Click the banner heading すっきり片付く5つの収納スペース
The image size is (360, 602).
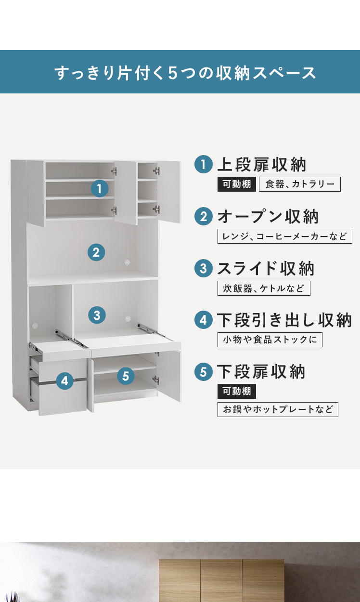click(185, 73)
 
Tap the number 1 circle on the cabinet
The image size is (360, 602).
click(100, 188)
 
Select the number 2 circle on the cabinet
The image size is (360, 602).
click(96, 252)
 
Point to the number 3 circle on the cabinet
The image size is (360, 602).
click(97, 315)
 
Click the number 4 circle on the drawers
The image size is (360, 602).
click(65, 381)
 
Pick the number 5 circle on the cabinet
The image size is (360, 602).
click(126, 376)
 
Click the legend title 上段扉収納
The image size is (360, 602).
click(262, 165)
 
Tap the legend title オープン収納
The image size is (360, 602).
click(268, 217)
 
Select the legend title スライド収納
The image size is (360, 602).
click(266, 268)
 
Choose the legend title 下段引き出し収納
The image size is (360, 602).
click(284, 320)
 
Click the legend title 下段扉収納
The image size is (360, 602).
click(261, 372)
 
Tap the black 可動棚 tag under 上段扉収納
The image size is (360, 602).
click(237, 184)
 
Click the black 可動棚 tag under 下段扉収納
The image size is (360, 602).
click(237, 391)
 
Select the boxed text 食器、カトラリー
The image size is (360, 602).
click(300, 184)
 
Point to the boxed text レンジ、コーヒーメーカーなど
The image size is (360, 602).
click(285, 236)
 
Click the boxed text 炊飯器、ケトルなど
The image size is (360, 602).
click(264, 288)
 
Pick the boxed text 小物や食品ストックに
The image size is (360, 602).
click(270, 340)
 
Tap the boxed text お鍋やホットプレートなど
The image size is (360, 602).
click(278, 409)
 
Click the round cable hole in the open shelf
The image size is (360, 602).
click(128, 262)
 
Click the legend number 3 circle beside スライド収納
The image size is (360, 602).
click(204, 268)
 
